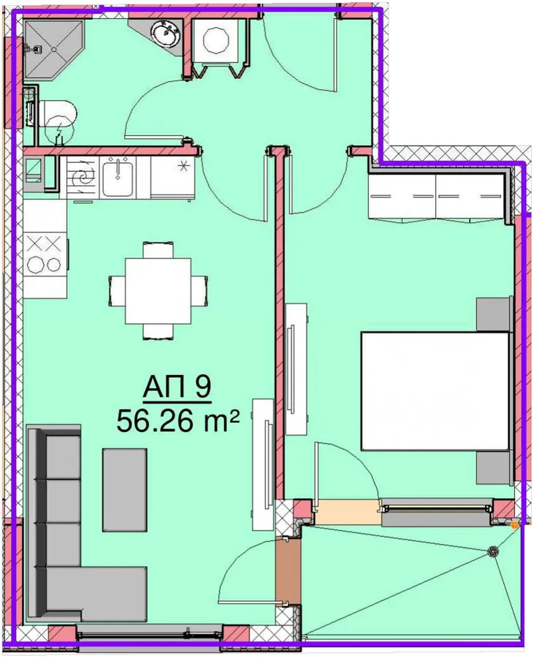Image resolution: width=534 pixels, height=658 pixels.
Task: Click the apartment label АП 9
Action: pyautogui.click(x=177, y=388)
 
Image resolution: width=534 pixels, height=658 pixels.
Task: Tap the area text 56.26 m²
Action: pyautogui.click(x=178, y=421)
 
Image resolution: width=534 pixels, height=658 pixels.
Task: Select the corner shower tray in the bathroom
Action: pyautogui.click(x=53, y=49)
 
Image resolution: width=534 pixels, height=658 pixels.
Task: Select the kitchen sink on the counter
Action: pyautogui.click(x=118, y=177)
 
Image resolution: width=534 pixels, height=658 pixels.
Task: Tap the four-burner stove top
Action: pyautogui.click(x=45, y=254)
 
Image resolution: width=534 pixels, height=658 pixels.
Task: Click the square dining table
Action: pyautogui.click(x=158, y=290)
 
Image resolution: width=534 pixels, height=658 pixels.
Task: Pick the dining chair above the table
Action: pyautogui.click(x=158, y=250)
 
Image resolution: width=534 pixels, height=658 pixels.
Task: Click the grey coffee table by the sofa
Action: pyautogui.click(x=124, y=490)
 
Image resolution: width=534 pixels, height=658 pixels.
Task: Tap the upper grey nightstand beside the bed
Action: pyautogui.click(x=493, y=314)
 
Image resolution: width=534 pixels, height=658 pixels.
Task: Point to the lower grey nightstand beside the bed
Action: pyautogui.click(x=493, y=467)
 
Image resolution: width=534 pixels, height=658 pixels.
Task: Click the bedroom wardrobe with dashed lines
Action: pyautogui.click(x=436, y=196)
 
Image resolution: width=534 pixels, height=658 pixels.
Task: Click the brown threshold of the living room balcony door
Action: pyautogui.click(x=288, y=571)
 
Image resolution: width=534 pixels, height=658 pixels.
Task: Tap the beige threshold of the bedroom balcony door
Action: pyautogui.click(x=348, y=513)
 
